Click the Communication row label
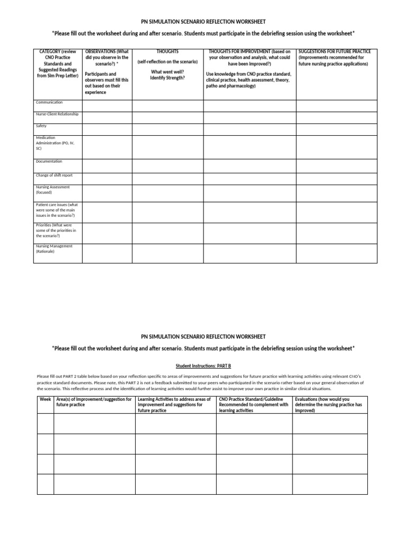pos(49,102)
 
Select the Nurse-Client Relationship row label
pos(57,114)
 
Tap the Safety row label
pos(41,126)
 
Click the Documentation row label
pos(49,161)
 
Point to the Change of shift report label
pos(54,175)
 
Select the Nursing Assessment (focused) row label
pos(53,190)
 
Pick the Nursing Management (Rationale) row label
pos(55,249)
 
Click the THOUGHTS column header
pos(167,51)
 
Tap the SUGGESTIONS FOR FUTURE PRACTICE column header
pos(334,51)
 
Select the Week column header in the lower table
pos(45,399)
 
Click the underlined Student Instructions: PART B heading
pos(203,366)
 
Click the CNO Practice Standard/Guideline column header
pos(254,405)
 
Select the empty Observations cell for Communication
pos(107,106)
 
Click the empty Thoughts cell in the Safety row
pos(167,129)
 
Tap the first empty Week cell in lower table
pos(45,424)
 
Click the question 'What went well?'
pos(167,72)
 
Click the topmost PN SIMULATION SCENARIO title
pos(203,23)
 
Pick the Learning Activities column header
pos(175,405)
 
